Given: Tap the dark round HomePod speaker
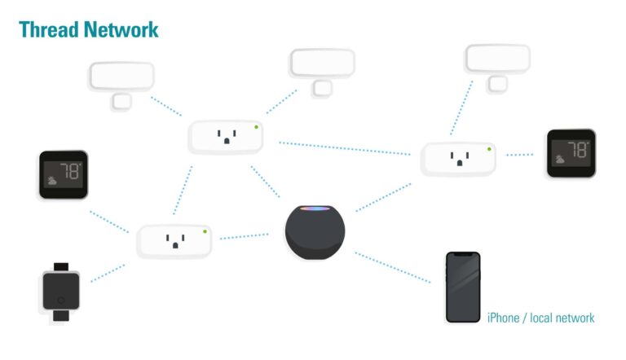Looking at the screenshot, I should [x=315, y=233].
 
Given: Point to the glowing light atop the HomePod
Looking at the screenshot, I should [x=315, y=210].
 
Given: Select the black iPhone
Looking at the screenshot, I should [x=462, y=287].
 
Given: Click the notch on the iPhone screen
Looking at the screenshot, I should [x=462, y=256].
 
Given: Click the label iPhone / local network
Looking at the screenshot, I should [x=540, y=318].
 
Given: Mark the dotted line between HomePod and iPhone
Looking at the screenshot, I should [x=392, y=267].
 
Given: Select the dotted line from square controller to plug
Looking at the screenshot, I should [x=108, y=273].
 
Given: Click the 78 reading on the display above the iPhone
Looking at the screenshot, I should [x=576, y=150].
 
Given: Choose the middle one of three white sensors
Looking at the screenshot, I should [x=322, y=64].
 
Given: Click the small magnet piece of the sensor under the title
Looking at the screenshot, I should [x=121, y=101].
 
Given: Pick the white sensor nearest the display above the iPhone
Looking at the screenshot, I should [x=497, y=59].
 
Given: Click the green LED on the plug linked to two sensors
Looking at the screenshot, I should [x=256, y=126].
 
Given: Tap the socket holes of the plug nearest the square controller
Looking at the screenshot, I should [x=173, y=240].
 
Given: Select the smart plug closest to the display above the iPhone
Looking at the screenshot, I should [x=457, y=158].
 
